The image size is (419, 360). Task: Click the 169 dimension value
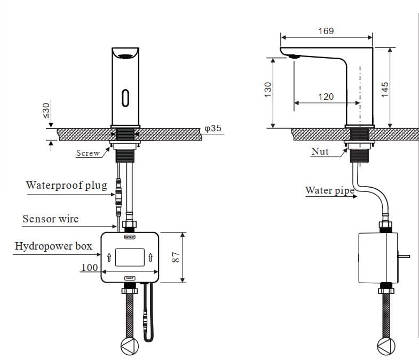pyautogui.click(x=326, y=31)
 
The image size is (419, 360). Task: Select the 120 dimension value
pyautogui.click(x=326, y=97)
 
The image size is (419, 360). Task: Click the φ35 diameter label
pyautogui.click(x=213, y=129)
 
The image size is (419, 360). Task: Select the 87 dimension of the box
pyautogui.click(x=174, y=258)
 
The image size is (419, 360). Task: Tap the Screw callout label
pyautogui.click(x=88, y=153)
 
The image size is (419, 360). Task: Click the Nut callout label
pyautogui.click(x=320, y=151)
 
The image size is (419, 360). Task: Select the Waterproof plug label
pyautogui.click(x=66, y=186)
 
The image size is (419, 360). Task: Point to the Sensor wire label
pyautogui.click(x=50, y=219)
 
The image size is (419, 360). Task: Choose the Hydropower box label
pyautogui.click(x=53, y=246)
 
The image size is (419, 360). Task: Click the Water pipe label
pyautogui.click(x=329, y=190)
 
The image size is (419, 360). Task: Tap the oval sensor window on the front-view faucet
pyautogui.click(x=125, y=98)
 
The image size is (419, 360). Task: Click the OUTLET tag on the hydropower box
pyautogui.click(x=130, y=236)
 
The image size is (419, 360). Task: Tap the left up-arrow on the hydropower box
pyautogui.click(x=108, y=258)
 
